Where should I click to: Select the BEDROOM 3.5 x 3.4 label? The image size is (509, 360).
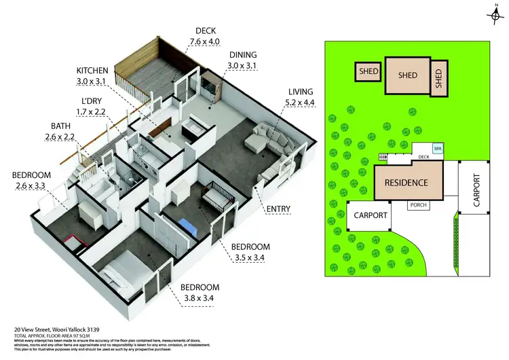coord(251,252)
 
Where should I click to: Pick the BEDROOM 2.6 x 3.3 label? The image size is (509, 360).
coord(31,181)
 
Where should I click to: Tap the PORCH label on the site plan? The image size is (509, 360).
coord(416,204)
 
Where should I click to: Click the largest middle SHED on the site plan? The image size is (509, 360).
coord(407,76)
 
